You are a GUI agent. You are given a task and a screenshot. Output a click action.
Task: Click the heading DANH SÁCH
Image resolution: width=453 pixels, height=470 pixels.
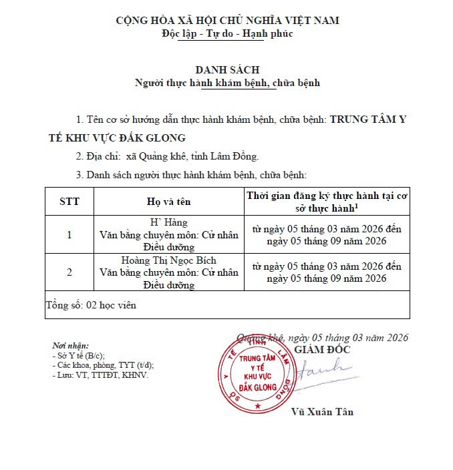226,69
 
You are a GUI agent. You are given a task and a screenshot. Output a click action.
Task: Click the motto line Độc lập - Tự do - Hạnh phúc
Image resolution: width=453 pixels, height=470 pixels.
226,33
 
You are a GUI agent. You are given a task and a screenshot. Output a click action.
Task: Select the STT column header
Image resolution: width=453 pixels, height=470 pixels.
69,201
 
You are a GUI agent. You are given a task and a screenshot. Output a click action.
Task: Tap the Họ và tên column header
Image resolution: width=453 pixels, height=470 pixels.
169,201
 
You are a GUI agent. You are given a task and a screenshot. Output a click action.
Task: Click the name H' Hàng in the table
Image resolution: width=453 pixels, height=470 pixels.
169,222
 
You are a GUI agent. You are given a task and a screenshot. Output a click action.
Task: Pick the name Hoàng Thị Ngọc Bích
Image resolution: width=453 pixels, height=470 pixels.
169,260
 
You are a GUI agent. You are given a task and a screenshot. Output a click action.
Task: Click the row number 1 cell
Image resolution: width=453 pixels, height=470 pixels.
69,234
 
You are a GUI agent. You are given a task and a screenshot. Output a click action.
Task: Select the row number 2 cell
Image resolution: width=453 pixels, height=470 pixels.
69,272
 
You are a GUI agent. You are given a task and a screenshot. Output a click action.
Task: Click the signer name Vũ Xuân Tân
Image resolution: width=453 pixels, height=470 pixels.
323,412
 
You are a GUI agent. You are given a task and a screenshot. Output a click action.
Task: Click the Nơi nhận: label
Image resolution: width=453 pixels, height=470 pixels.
70,346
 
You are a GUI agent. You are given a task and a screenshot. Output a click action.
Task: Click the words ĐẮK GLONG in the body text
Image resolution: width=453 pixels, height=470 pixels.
148,138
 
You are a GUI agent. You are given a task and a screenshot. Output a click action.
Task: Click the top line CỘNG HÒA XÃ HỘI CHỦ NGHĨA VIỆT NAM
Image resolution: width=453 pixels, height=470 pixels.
226,21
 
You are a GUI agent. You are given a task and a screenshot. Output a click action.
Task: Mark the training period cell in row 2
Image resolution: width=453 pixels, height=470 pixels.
327,272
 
